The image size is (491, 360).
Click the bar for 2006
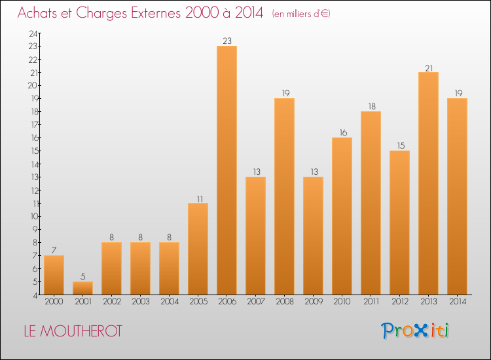pos(227,170)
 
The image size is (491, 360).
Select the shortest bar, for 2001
pos(82,288)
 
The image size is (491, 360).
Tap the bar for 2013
pos(428,183)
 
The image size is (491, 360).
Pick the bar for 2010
pos(342,216)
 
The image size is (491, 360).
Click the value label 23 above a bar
pos(227,41)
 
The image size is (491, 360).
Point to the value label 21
pos(428,67)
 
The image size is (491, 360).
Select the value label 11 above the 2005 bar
pos(198,198)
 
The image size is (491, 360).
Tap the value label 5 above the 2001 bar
pos(82,276)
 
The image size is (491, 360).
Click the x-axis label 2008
pos(284,302)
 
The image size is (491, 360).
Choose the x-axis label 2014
pos(457,302)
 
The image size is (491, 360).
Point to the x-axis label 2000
pos(54,302)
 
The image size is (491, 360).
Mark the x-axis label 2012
pos(399,302)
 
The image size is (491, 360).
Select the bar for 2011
pos(371,203)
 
